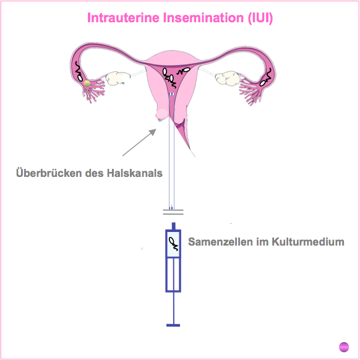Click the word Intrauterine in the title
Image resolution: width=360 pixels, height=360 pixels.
pos(123,18)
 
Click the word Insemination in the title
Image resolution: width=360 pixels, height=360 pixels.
pos(204,18)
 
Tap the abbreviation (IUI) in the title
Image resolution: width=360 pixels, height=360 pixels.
pos(260,18)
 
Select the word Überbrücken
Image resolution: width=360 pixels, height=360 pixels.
pos(49,173)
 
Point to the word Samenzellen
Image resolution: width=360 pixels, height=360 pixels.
pos(220,242)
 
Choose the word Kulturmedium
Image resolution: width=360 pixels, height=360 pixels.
pos(308,242)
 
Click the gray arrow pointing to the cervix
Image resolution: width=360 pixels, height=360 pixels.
pos(139,142)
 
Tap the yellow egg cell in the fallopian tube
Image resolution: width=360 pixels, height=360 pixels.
pos(87,84)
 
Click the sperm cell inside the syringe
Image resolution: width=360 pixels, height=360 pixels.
pos(174,244)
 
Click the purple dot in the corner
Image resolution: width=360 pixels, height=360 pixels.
pos(344,346)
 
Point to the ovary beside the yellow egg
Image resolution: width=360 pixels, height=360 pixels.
pos(117,78)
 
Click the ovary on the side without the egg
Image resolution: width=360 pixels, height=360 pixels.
pos(227,79)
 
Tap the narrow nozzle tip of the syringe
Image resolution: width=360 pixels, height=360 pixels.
pos(174,226)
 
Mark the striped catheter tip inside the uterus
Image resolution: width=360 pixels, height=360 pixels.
pos(171,94)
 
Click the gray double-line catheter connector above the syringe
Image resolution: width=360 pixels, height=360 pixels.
pos(173,212)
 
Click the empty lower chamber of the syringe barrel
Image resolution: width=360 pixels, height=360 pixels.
pos(173,275)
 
